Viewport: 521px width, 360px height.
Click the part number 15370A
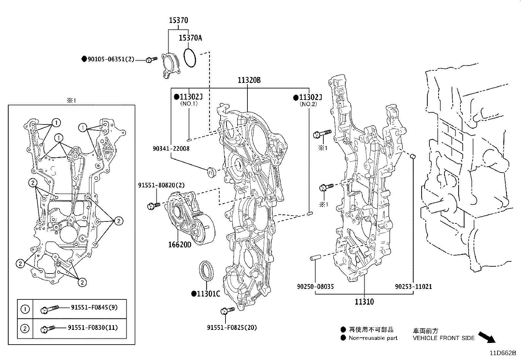190,38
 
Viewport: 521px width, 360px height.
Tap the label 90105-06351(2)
111,59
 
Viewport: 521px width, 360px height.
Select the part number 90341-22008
171,148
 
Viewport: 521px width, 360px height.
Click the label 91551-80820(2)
161,185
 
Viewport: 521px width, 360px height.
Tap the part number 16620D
180,244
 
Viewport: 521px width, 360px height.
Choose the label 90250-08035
315,286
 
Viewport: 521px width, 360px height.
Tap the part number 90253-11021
413,286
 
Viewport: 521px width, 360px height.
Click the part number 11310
364,301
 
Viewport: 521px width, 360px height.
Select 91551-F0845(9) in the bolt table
94,307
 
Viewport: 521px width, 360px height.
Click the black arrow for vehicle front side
487,337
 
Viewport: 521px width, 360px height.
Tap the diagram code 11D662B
502,353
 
